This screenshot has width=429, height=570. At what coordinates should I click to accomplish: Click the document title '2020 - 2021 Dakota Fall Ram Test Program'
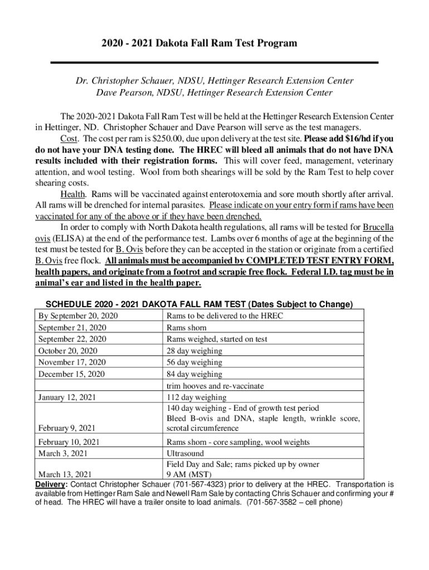pyautogui.click(x=214, y=43)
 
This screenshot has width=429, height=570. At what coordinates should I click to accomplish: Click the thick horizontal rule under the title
pyautogui.click(x=214, y=62)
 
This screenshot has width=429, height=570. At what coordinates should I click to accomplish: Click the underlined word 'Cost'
pyautogui.click(x=70, y=139)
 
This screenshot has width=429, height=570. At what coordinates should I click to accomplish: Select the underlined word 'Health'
pyautogui.click(x=73, y=194)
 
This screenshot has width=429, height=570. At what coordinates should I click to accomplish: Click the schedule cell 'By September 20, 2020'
pyautogui.click(x=77, y=316)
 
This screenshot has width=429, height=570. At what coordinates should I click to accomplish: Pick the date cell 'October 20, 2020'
pyautogui.click(x=67, y=351)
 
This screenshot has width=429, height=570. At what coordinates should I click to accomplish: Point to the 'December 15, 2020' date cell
pyautogui.click(x=71, y=374)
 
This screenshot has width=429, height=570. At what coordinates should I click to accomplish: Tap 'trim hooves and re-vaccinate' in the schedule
pyautogui.click(x=215, y=386)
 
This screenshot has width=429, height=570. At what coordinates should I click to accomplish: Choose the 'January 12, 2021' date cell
pyautogui.click(x=67, y=397)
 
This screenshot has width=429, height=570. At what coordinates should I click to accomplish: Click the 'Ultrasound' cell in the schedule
pyautogui.click(x=186, y=454)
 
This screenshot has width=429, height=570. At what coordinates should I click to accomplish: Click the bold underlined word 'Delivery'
pyautogui.click(x=50, y=484)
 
